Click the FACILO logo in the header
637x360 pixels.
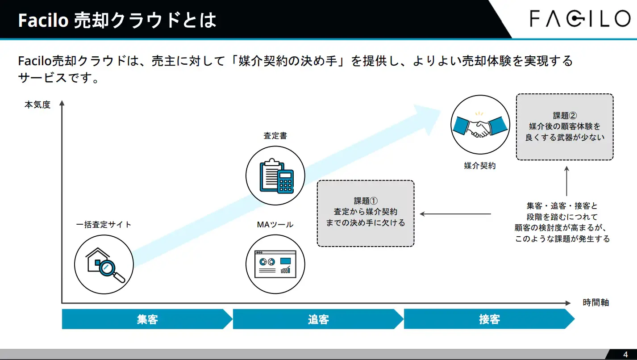[x=579, y=19]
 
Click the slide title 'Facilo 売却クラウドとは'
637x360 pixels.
[x=117, y=21]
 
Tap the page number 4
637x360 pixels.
[x=625, y=355]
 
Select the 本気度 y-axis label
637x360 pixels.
[x=37, y=105]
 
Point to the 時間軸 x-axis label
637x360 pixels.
[x=596, y=302]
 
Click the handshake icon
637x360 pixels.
[x=480, y=125]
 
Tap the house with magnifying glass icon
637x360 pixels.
[x=104, y=264]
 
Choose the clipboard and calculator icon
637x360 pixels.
[x=275, y=176]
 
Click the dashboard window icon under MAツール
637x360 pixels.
[x=275, y=264]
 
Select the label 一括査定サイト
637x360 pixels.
[x=104, y=225]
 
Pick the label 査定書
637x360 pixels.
[x=275, y=136]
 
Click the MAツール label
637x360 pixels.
[x=275, y=225]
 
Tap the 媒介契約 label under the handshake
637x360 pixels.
[x=480, y=166]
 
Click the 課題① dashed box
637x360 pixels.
[x=366, y=213]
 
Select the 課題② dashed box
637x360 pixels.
[x=565, y=127]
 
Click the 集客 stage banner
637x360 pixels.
[x=147, y=319]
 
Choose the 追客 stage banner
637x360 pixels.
[x=318, y=319]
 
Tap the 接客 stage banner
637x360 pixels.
[x=489, y=319]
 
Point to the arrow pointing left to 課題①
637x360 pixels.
[x=455, y=214]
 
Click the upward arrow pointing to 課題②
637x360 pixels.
[x=566, y=181]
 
